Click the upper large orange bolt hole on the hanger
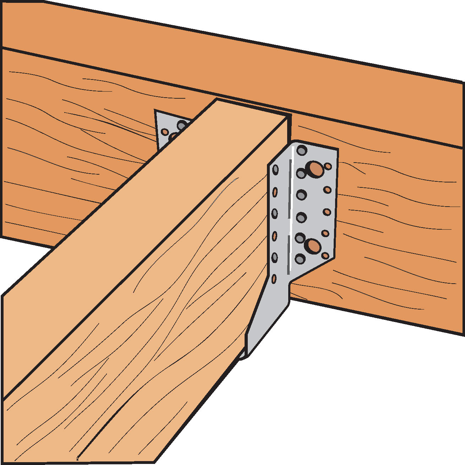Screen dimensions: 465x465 click(x=315, y=169)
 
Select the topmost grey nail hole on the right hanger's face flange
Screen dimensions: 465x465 click(x=302, y=150)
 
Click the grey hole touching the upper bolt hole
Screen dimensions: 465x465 click(x=301, y=174)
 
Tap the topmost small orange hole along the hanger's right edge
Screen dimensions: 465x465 click(x=328, y=166)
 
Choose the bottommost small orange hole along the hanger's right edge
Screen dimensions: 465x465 click(x=325, y=255)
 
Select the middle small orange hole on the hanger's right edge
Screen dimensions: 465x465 click(x=327, y=212)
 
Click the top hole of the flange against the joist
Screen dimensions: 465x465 click(x=275, y=170)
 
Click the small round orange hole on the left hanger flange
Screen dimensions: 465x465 click(x=165, y=132)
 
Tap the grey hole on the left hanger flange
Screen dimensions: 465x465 click(x=182, y=125)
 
